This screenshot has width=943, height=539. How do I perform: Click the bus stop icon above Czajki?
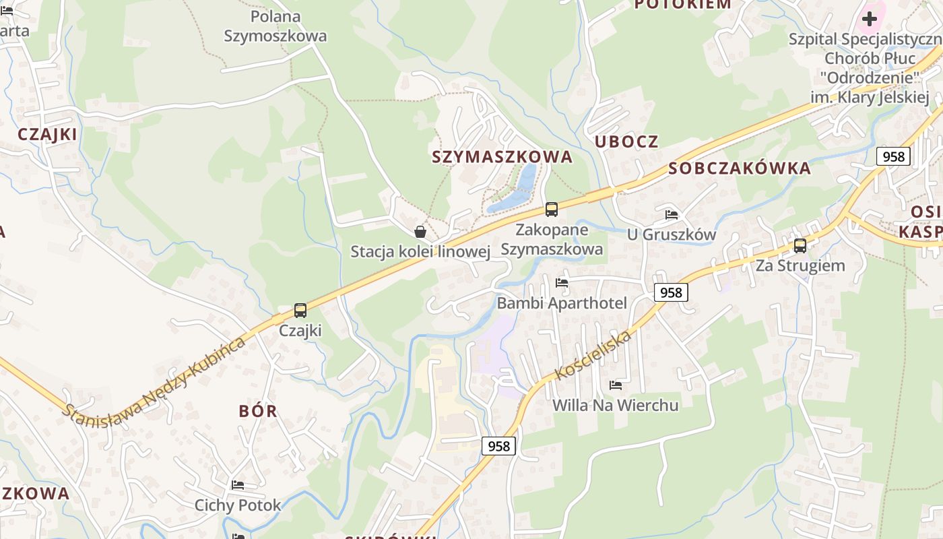click(x=300, y=311)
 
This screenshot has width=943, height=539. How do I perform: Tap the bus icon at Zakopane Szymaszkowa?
click(x=552, y=210)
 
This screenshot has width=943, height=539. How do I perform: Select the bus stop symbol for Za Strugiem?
click(x=800, y=246)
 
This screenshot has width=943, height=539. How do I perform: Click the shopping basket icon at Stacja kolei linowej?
click(x=420, y=232)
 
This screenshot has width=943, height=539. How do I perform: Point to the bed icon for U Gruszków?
click(x=672, y=215)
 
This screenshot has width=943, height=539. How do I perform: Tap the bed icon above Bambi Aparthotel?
click(x=562, y=283)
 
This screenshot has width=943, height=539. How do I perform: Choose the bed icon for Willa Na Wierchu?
click(x=616, y=385)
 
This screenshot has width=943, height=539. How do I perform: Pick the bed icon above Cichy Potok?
click(x=238, y=485)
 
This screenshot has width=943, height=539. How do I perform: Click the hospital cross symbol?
click(x=870, y=18)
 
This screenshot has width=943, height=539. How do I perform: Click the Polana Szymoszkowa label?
click(x=275, y=26)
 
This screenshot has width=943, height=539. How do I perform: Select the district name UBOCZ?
click(x=626, y=141)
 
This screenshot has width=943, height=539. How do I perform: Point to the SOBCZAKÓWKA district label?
click(x=740, y=168)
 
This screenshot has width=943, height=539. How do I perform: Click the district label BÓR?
click(x=258, y=411)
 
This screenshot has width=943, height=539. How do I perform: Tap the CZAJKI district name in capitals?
click(x=48, y=134)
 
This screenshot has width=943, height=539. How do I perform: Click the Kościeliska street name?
click(x=592, y=356)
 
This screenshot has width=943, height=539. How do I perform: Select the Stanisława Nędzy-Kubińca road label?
click(x=154, y=377)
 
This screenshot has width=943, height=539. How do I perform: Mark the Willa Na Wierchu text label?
click(x=616, y=405)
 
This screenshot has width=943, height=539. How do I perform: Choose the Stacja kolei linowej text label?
click(x=420, y=252)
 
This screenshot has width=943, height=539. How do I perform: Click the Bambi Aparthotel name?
click(x=562, y=303)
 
